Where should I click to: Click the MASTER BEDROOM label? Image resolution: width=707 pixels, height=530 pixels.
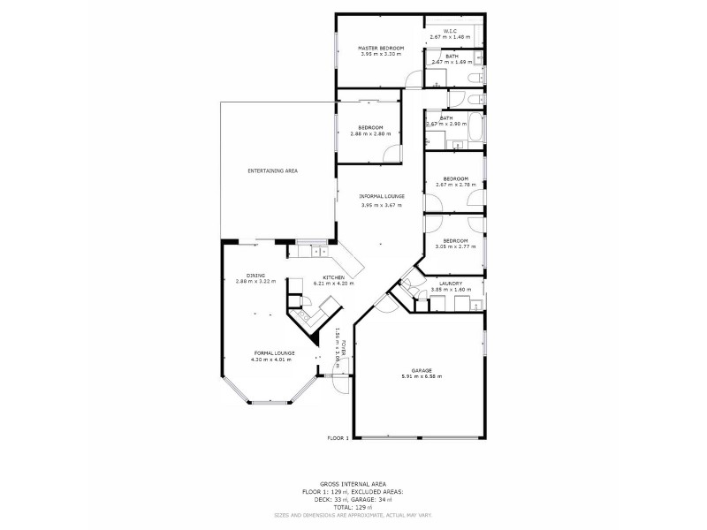(x=380, y=47)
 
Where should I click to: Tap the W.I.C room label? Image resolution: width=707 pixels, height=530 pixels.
(x=452, y=32)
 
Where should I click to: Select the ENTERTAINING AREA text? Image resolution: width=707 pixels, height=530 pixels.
(x=271, y=170)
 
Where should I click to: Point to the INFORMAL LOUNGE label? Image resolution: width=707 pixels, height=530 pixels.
(x=381, y=196)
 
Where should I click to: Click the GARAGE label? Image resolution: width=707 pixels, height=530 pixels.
(x=421, y=370)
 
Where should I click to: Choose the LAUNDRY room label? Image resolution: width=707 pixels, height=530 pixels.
(x=451, y=283)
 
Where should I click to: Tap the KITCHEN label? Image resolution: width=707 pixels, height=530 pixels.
(x=333, y=277)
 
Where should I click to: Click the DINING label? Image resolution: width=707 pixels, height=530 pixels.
(x=255, y=276)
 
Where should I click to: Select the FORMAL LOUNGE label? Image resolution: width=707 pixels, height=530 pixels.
(x=271, y=353)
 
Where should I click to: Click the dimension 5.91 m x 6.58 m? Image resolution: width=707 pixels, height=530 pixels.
(x=421, y=376)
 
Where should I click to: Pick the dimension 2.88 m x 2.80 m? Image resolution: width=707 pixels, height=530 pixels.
(x=369, y=133)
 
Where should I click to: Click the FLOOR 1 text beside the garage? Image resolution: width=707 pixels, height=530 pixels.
(x=338, y=438)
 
